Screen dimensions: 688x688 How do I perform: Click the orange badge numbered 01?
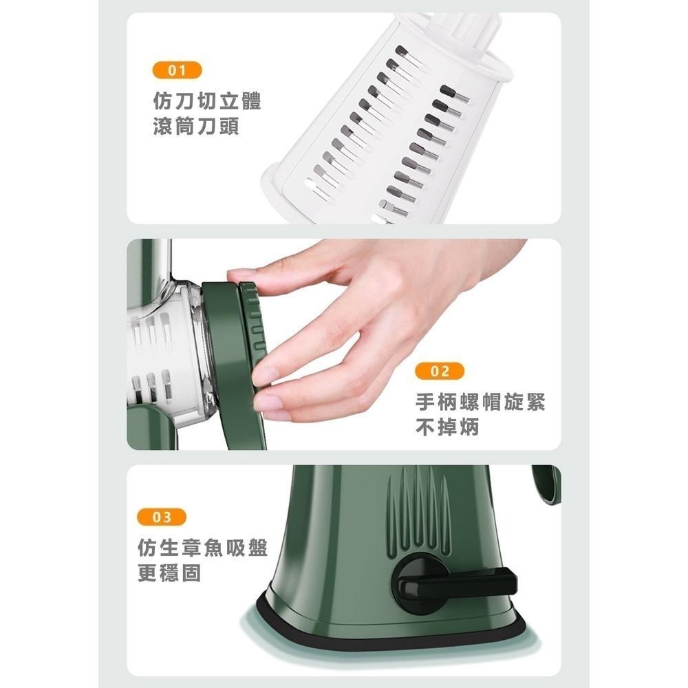click(177, 69)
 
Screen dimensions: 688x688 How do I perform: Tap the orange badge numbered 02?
click(440, 372)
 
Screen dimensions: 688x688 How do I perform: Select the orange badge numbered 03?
click(162, 517)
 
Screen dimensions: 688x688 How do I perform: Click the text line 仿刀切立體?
click(207, 103)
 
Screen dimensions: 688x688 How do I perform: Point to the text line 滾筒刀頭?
click(196, 127)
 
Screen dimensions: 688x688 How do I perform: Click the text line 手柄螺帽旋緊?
click(481, 402)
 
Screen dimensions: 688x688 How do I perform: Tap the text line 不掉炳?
click(448, 429)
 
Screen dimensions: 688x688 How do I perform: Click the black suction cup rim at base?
click(385, 636)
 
